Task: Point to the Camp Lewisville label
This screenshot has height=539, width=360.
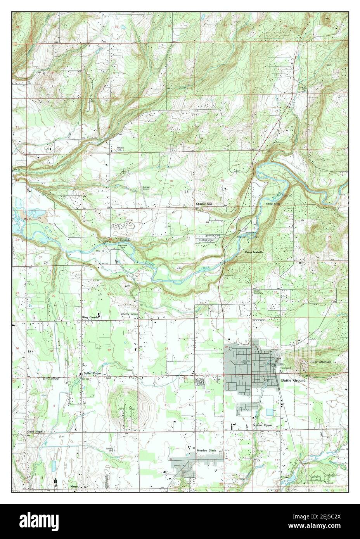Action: tap(254, 252)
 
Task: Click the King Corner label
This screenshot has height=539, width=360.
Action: tap(90, 317)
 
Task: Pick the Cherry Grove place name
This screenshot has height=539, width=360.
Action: tap(129, 314)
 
